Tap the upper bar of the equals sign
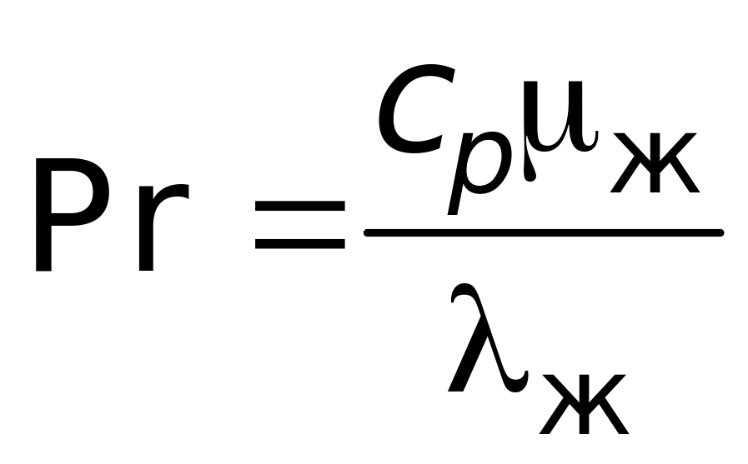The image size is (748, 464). (x=299, y=205)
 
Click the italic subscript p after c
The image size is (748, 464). (x=476, y=167)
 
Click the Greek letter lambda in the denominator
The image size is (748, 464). (x=487, y=342)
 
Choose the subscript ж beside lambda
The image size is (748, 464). (x=583, y=403)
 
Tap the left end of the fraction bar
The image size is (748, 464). (x=369, y=233)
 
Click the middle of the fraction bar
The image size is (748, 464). (x=543, y=233)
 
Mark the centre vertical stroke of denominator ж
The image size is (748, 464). (x=583, y=403)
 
